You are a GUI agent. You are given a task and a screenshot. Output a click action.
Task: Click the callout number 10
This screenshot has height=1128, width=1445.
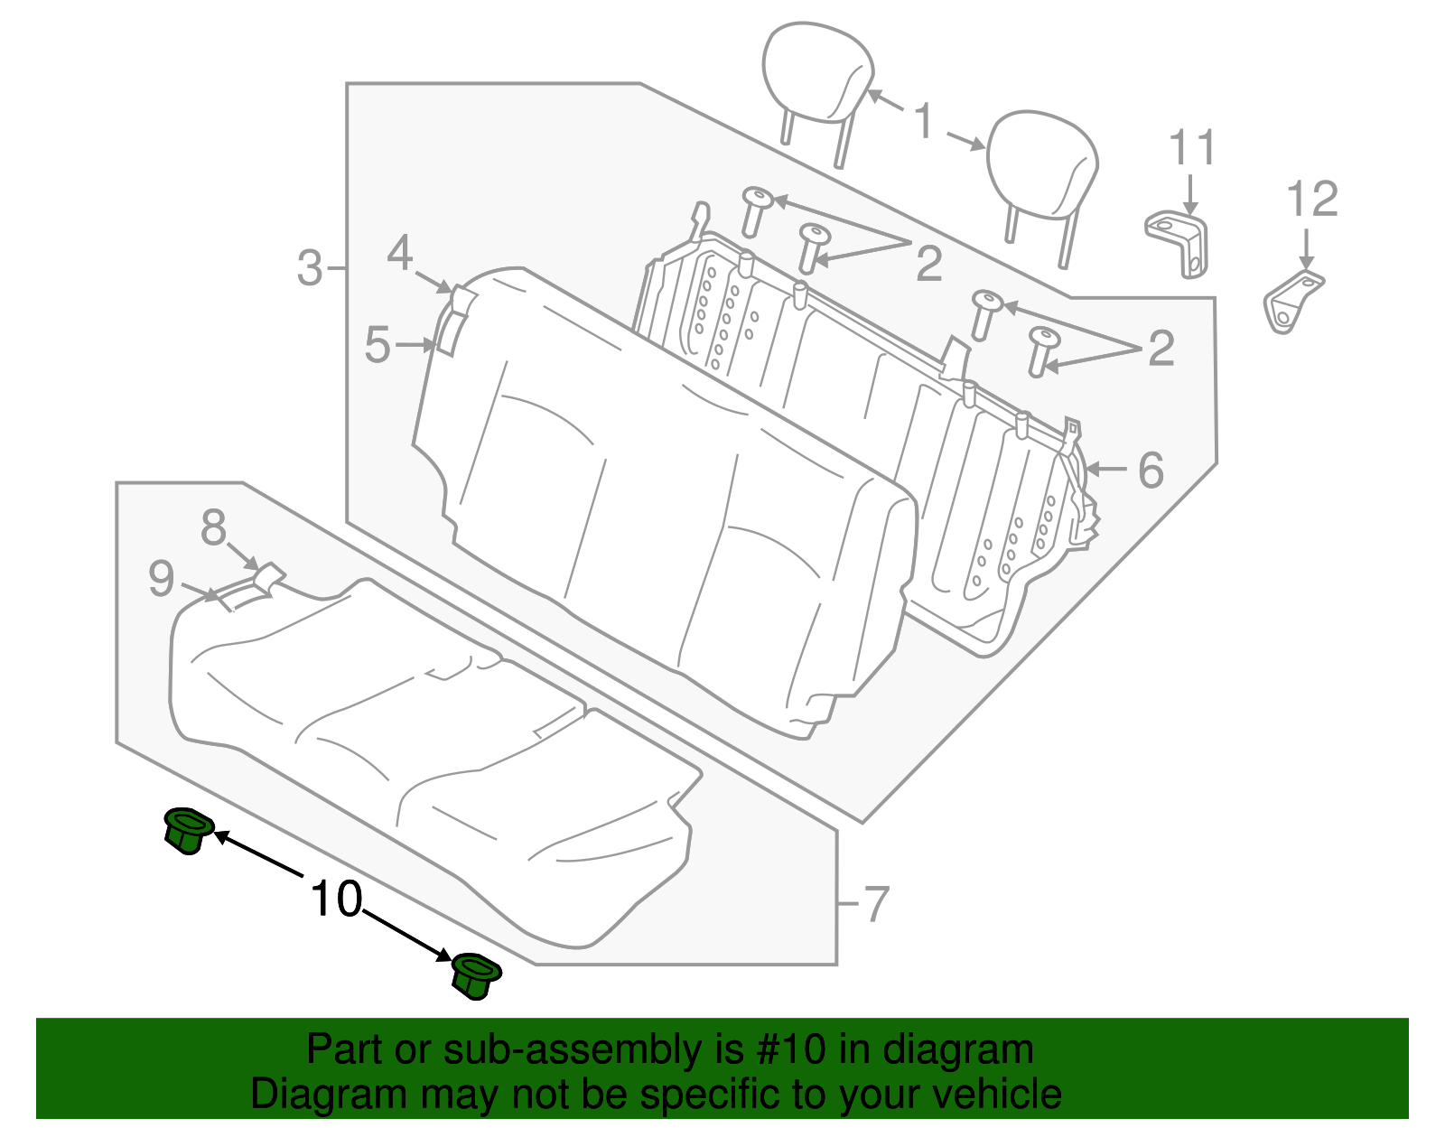tap(335, 899)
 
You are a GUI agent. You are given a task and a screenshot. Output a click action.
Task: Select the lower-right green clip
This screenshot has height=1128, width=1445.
tap(475, 975)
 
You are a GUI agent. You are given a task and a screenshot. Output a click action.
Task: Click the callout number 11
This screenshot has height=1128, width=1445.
tap(1192, 147)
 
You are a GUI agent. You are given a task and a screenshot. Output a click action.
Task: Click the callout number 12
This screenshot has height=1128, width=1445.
tap(1311, 199)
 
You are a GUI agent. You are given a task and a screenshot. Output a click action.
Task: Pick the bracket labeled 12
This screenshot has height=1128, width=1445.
tap(1289, 303)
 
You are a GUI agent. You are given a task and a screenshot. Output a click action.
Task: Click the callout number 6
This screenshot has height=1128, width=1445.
tap(1151, 470)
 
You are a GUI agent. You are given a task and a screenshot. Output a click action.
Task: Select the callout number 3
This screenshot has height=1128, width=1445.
tap(310, 269)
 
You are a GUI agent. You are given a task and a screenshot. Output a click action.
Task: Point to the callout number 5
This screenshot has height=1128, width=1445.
tap(378, 345)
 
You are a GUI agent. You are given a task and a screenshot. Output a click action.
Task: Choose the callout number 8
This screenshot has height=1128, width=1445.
tap(213, 527)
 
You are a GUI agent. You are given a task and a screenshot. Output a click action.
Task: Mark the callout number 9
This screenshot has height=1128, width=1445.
tap(161, 578)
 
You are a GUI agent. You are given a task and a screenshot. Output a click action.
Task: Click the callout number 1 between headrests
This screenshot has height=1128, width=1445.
tap(923, 121)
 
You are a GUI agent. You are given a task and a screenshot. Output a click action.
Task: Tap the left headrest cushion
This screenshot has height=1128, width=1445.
tap(817, 72)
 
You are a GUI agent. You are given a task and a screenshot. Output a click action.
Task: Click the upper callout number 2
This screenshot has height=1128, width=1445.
tap(928, 264)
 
